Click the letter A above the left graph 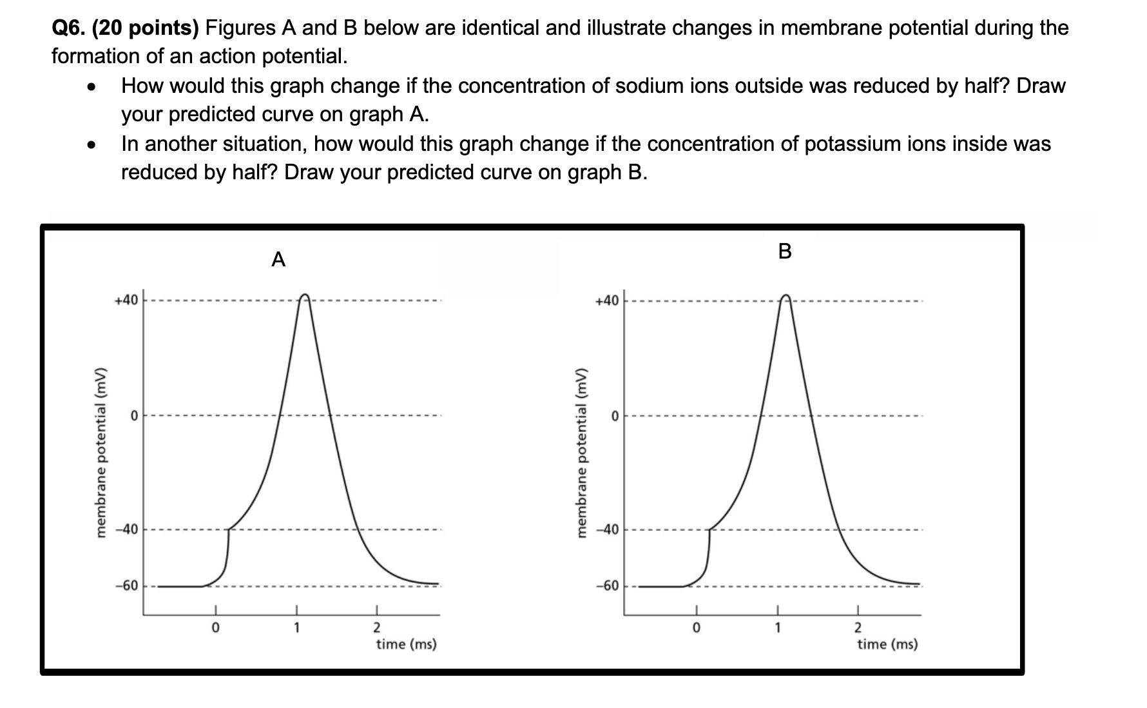point(278,260)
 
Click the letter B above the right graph point(784,251)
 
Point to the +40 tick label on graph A point(126,300)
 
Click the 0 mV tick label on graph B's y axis point(615,417)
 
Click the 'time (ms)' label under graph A point(407,644)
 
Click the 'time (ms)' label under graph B point(887,644)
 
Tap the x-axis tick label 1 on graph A point(296,627)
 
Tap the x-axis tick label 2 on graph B point(857,627)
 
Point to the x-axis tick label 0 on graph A point(216,627)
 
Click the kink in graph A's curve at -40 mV point(229,529)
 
